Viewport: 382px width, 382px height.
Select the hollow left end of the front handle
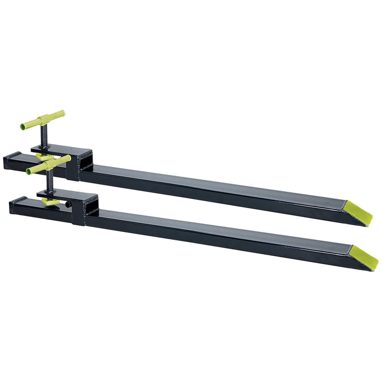click(x=29, y=171)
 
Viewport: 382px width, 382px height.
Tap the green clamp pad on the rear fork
click(x=46, y=158)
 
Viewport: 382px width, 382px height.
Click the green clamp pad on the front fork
click(x=50, y=202)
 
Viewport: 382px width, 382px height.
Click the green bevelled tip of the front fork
click(x=365, y=257)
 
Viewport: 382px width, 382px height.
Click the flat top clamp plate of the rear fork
click(x=58, y=149)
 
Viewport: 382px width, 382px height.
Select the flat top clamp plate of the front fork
click(x=66, y=193)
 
